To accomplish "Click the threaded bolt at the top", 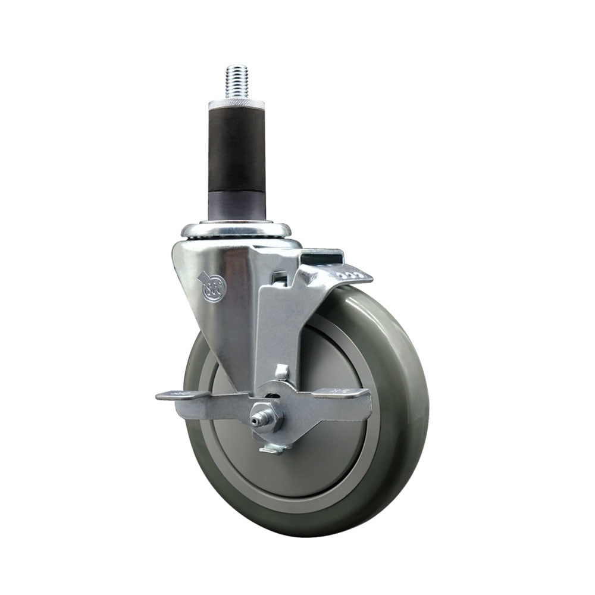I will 236,82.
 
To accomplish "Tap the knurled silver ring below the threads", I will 236,104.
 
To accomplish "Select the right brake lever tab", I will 345,393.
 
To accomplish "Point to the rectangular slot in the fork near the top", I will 276,278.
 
